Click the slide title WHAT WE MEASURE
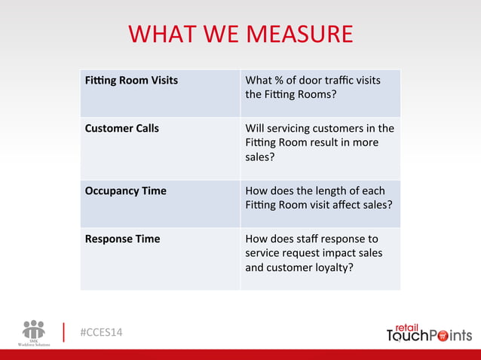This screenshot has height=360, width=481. (x=240, y=34)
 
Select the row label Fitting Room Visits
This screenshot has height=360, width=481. (x=131, y=81)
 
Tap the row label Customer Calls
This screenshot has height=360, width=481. (x=121, y=128)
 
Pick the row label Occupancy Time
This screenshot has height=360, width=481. (x=125, y=191)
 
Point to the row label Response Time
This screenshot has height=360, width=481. (x=122, y=239)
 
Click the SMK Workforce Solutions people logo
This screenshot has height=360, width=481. (x=34, y=330)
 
